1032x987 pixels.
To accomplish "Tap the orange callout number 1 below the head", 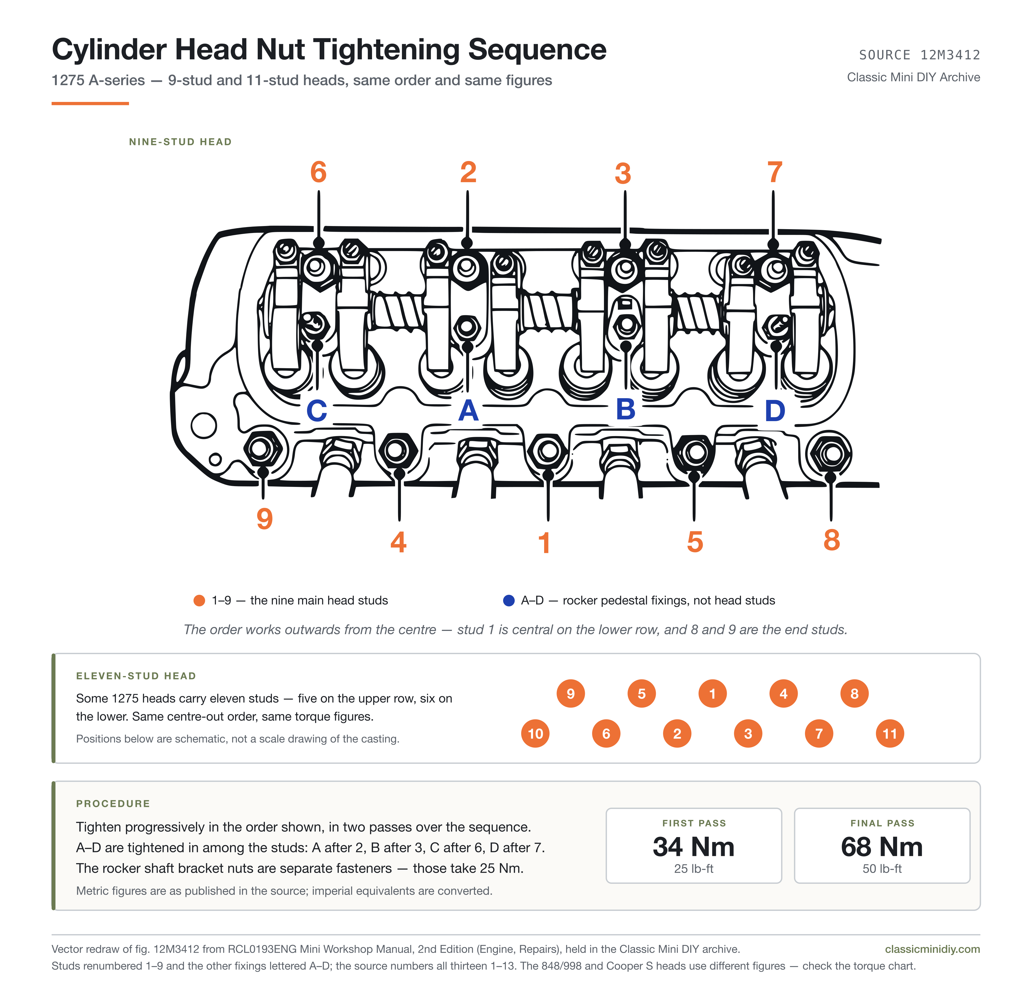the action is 544,543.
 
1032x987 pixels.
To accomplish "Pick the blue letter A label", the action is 468,410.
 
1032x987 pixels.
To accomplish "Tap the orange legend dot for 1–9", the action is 199,600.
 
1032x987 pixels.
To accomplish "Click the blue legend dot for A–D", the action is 509,600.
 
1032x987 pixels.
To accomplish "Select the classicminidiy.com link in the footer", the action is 932,949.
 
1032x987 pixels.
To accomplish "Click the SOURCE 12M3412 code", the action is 920,55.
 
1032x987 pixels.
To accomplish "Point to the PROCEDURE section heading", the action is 113,803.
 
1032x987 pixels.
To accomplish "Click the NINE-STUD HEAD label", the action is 180,141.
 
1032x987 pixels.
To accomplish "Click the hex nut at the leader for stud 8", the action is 831,454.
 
